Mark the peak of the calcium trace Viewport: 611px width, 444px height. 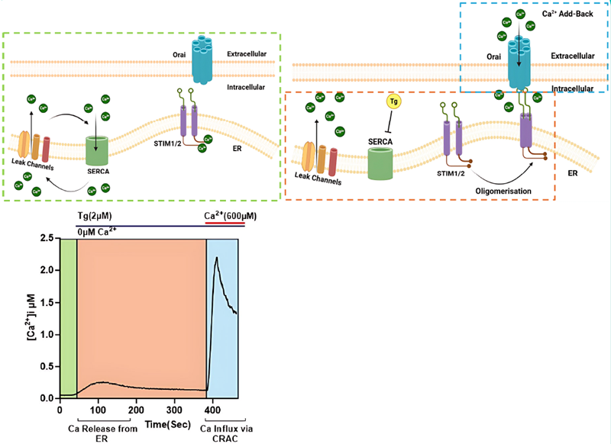[216, 258]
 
